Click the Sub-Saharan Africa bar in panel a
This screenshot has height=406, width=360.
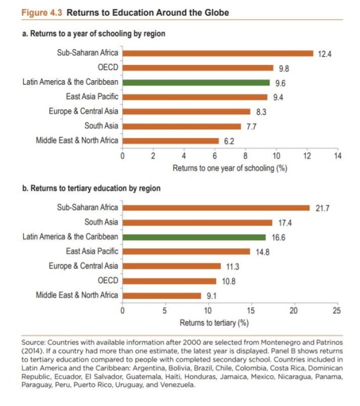pos(218,53)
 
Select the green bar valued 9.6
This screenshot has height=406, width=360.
pos(196,82)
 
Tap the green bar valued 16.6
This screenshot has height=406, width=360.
pos(194,237)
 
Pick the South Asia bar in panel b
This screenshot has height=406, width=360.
pos(197,222)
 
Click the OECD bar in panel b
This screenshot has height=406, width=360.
pos(169,281)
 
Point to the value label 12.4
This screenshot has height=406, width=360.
pos(325,54)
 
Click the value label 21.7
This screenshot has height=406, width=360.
pos(322,208)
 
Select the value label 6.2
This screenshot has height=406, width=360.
pos(229,141)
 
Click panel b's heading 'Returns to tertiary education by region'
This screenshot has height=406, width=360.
pos(95,188)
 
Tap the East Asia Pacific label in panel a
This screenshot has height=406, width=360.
pos(92,97)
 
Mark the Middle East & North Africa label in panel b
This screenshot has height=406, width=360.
pos(77,295)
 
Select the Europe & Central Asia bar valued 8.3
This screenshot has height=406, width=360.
pos(186,111)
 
